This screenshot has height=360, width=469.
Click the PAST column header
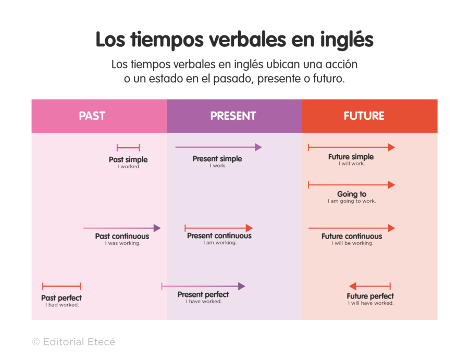(92, 116)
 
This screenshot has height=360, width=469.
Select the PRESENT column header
(233, 116)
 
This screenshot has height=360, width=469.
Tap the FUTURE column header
(364, 116)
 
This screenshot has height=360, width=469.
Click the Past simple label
(128, 159)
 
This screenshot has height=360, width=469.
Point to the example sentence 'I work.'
(218, 166)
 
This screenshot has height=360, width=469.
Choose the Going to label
(351, 194)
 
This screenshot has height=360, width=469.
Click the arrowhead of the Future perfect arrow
(353, 286)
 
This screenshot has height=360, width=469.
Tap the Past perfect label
(61, 298)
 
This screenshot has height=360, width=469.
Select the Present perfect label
(203, 294)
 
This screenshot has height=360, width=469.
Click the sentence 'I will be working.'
(352, 243)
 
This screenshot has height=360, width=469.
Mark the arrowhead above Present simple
(258, 147)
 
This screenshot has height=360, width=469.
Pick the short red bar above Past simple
(128, 148)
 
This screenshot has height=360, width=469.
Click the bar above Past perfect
(61, 286)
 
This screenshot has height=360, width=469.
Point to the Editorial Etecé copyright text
(73, 342)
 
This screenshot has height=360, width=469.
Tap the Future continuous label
(352, 236)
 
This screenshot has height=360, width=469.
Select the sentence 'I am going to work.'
(352, 201)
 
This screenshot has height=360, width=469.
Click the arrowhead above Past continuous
(157, 228)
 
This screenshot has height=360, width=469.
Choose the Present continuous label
(219, 235)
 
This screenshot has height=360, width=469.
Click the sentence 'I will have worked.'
(371, 303)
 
